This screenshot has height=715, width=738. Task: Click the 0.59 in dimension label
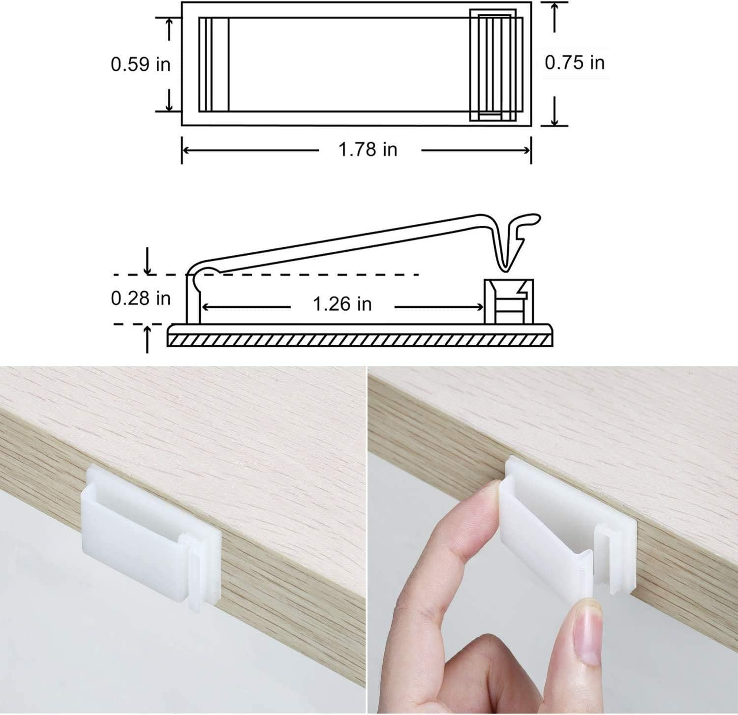point(140,64)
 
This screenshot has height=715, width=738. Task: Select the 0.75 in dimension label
point(575,62)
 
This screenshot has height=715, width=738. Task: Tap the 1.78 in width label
point(368,149)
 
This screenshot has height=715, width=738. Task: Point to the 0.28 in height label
point(140,298)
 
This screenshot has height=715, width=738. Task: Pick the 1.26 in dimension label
point(342,304)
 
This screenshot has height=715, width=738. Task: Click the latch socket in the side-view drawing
point(509,301)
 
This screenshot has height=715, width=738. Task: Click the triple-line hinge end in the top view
point(214,64)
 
